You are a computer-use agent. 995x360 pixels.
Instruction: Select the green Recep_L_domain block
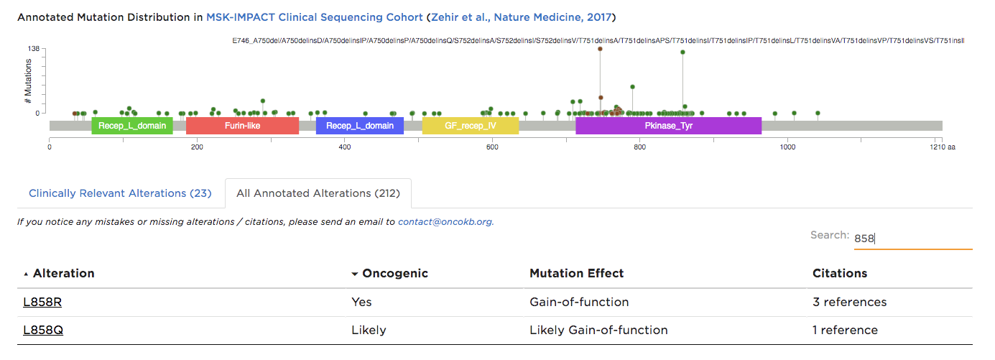click(132, 126)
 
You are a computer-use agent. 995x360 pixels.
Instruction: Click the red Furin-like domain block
click(242, 126)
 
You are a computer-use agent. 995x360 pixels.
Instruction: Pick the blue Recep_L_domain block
click(359, 126)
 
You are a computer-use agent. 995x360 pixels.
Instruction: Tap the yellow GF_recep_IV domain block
click(470, 126)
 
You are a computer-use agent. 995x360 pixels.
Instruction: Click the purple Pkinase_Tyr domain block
click(668, 126)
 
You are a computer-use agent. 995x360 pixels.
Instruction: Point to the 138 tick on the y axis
click(33, 49)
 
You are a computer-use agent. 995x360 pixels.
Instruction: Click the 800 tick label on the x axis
click(639, 147)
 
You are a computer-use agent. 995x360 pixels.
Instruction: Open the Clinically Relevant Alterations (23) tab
click(120, 193)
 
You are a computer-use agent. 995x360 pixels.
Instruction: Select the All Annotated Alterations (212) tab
click(318, 193)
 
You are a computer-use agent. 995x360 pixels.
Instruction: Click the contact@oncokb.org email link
click(445, 222)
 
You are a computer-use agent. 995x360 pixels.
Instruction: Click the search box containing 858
click(912, 238)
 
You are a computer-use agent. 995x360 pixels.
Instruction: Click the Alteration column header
click(63, 273)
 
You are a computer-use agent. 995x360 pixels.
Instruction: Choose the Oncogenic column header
click(394, 273)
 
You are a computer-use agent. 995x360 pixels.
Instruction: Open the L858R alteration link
click(42, 302)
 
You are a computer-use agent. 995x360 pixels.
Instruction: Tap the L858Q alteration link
click(42, 331)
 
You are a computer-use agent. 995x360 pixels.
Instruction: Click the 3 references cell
click(849, 302)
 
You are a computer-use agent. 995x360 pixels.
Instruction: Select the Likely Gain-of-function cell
click(598, 331)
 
